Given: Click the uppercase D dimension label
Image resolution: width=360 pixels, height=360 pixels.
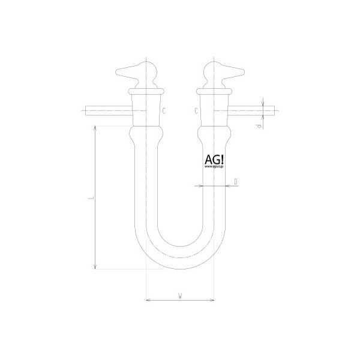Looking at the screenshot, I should [x=236, y=181].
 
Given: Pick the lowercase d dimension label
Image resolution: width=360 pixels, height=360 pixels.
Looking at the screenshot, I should [x=256, y=127].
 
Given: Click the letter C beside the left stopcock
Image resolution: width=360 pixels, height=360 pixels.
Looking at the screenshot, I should [x=164, y=110].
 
